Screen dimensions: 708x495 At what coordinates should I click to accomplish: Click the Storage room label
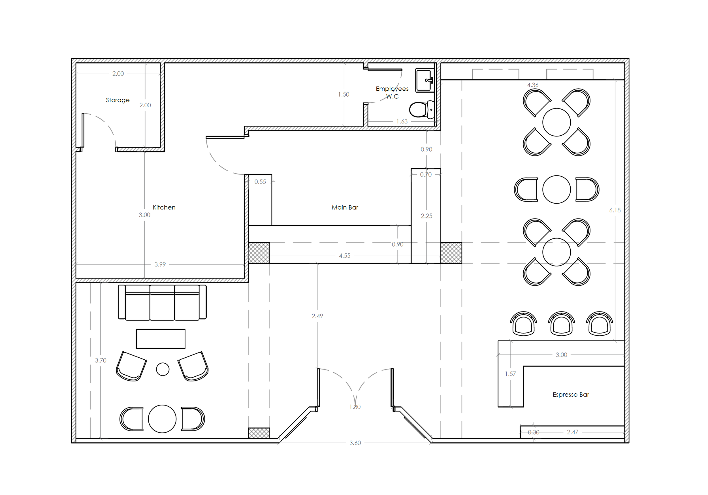click(x=118, y=100)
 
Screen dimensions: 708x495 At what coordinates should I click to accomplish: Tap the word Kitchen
click(x=164, y=208)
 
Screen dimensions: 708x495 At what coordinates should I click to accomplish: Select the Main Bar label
click(x=345, y=208)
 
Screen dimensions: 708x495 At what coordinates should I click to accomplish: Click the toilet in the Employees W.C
click(x=421, y=110)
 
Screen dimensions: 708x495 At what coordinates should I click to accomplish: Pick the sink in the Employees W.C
click(x=424, y=80)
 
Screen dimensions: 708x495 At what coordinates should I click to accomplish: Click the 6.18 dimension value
click(x=615, y=210)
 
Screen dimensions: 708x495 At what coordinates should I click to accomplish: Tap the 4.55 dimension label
click(x=345, y=256)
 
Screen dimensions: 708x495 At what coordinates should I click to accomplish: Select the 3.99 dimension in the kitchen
click(x=160, y=264)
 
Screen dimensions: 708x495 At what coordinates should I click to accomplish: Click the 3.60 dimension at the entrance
click(x=355, y=443)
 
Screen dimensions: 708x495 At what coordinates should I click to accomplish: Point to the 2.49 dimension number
click(x=317, y=316)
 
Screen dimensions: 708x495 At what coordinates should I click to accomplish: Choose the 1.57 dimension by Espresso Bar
click(x=510, y=374)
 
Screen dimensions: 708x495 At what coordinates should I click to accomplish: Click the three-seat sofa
click(x=162, y=302)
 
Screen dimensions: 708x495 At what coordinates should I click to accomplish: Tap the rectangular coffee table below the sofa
click(x=161, y=339)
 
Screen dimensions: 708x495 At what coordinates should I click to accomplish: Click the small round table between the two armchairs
click(x=163, y=369)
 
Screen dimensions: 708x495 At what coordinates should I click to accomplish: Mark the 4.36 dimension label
click(x=533, y=85)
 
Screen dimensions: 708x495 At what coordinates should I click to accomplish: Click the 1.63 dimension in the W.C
click(x=402, y=121)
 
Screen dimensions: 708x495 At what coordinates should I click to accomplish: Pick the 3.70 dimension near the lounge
click(x=101, y=360)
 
